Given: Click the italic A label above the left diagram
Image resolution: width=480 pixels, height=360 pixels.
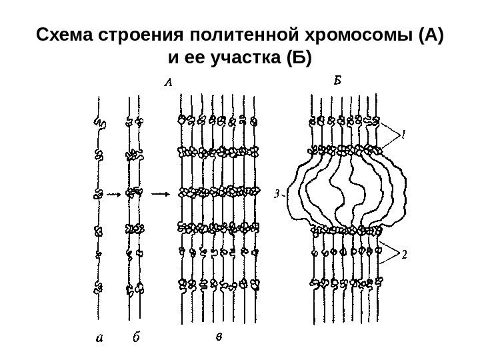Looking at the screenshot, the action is point(168,83).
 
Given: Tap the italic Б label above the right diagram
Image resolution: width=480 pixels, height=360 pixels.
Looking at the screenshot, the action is point(337,81).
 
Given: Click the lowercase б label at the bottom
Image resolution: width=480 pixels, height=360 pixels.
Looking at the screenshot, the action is point(136,338).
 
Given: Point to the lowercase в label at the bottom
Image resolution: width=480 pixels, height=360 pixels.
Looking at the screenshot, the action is point(218,337).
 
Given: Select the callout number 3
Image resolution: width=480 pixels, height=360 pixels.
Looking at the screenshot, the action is point(277,195).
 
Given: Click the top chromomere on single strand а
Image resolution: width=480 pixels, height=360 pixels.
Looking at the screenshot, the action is point(99,123).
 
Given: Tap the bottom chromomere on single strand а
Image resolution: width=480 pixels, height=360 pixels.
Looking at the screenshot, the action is point(99,287).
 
